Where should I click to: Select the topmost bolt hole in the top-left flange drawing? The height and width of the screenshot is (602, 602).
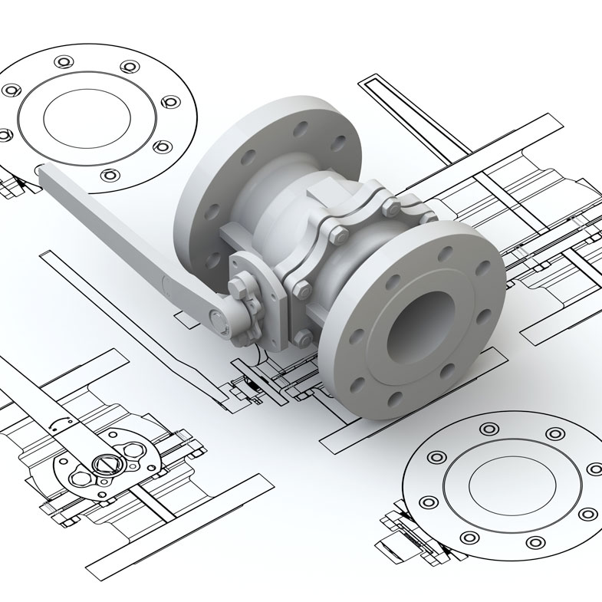coord(61,61)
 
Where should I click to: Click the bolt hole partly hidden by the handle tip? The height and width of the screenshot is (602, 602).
coord(40,169)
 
